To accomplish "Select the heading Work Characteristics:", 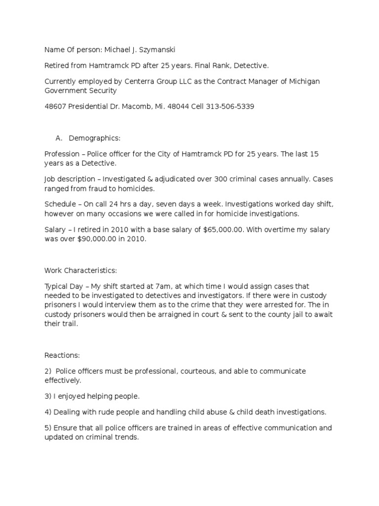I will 80,271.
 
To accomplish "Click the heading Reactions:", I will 62,355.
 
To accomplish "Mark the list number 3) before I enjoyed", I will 48,396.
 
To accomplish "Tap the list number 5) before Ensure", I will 48,428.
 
